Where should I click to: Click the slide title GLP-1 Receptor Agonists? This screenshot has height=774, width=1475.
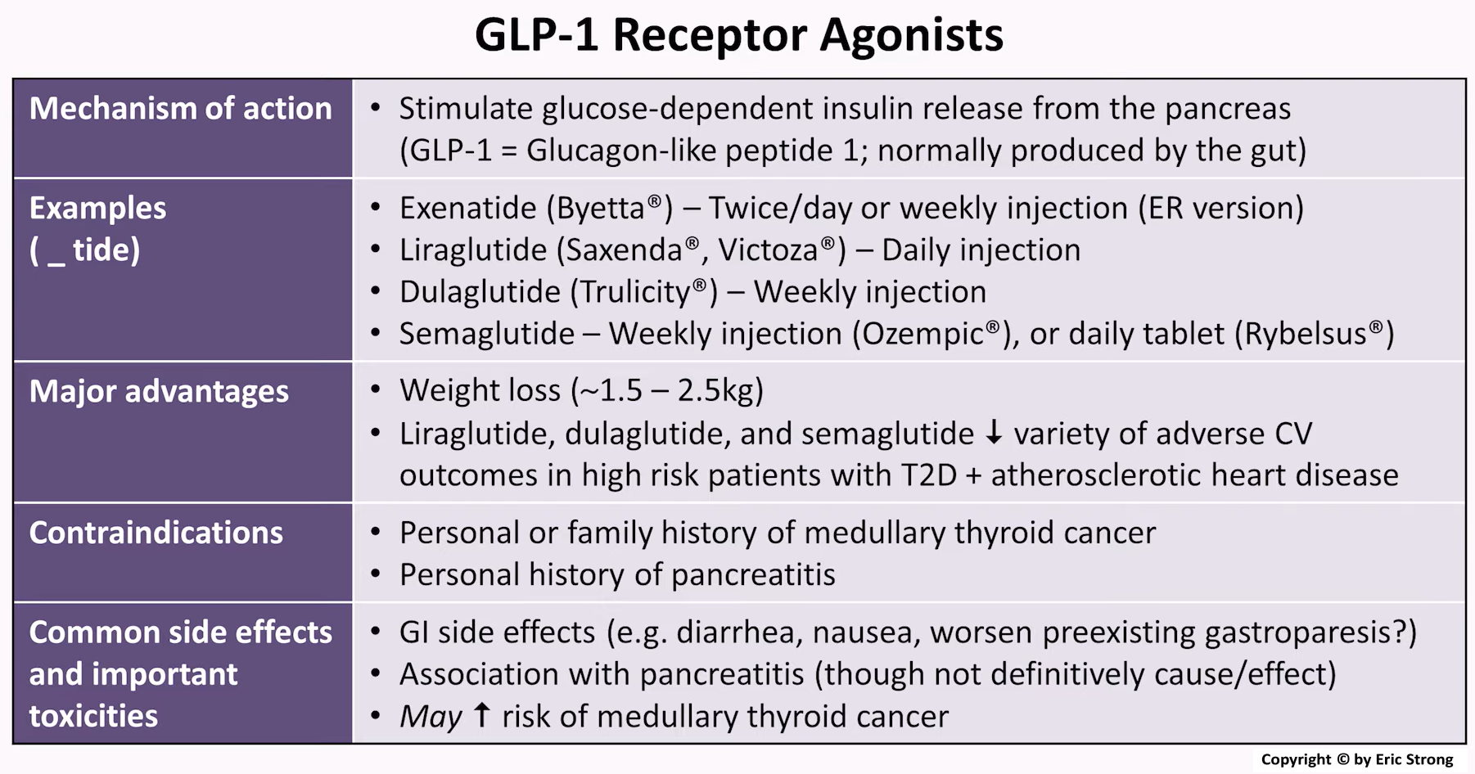(x=738, y=35)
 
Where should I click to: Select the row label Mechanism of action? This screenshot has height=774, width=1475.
(x=180, y=109)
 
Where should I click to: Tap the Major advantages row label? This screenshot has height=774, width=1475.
(x=159, y=391)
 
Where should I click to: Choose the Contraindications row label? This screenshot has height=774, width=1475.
(x=156, y=533)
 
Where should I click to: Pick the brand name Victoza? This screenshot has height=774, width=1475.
(x=768, y=250)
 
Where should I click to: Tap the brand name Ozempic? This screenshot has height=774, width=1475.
(x=920, y=334)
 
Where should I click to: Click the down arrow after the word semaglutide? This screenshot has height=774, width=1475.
(x=994, y=432)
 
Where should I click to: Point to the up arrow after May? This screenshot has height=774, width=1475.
(x=482, y=714)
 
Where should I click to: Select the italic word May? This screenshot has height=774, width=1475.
(x=431, y=717)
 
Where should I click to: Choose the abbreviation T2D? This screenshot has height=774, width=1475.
(x=928, y=475)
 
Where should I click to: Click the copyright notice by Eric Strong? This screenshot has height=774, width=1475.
(x=1356, y=759)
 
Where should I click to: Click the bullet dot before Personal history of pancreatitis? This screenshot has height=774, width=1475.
(x=376, y=574)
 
